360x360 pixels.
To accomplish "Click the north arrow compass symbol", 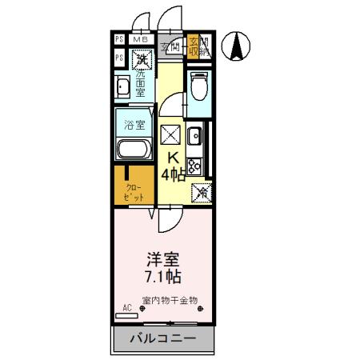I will click(x=238, y=46).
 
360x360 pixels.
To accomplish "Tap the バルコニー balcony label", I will click(x=162, y=339).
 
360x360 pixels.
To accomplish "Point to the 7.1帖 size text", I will click(x=162, y=278).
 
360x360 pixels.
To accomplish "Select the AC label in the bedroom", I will click(x=126, y=307).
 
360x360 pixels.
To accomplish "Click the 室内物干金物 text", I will click(x=170, y=302).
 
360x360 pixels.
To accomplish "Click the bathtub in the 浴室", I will click(x=132, y=150).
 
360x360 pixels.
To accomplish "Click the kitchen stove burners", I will click(x=195, y=166).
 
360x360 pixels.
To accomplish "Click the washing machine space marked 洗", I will click(x=142, y=58).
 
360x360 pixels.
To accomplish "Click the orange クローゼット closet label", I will click(x=132, y=192).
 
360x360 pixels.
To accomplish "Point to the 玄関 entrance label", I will click(x=170, y=47).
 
